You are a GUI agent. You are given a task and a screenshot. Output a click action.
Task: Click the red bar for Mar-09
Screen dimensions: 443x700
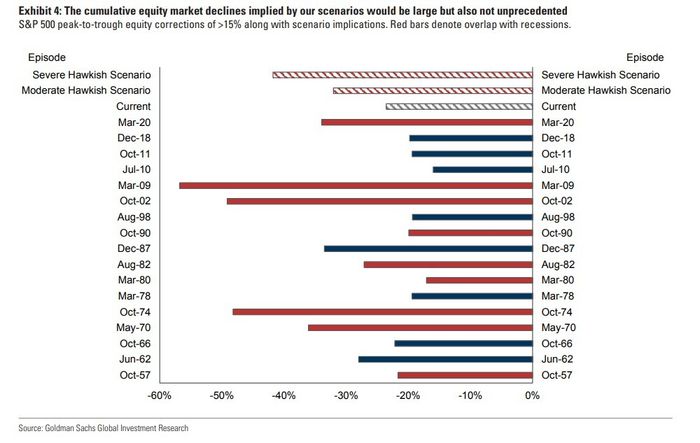click(x=355, y=185)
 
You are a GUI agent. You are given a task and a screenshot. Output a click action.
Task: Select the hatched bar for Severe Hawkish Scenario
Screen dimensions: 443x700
click(x=402, y=74)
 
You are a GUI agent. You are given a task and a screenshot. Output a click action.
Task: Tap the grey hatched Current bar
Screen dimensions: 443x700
click(x=459, y=106)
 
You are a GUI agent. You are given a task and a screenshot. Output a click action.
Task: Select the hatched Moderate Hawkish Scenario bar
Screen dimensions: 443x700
click(x=432, y=90)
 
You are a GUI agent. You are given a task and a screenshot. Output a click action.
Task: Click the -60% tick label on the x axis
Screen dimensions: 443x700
click(x=159, y=396)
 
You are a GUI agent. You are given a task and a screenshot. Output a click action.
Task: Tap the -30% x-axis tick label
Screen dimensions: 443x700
click(x=345, y=396)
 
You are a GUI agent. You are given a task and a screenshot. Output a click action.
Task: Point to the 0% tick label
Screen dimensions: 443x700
click(x=531, y=396)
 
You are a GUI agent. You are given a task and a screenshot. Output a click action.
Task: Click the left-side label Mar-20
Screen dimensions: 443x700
click(x=132, y=122)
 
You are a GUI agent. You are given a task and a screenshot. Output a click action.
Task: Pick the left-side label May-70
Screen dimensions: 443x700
click(x=132, y=328)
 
